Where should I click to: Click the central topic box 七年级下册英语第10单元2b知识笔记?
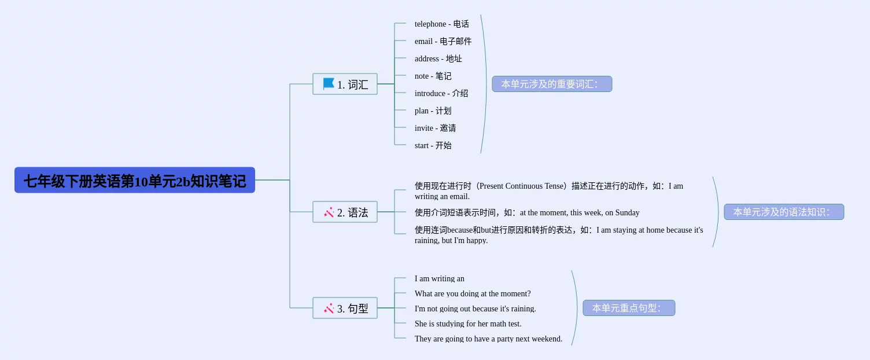[135, 180]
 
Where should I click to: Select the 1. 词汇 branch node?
[345, 84]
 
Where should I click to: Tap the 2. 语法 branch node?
[345, 212]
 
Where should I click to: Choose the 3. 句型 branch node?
[345, 308]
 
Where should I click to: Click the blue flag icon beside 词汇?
[329, 83]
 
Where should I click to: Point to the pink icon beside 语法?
[329, 212]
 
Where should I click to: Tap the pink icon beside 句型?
[329, 308]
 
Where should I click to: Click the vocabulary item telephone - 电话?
[441, 24]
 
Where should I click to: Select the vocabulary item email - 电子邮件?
[443, 41]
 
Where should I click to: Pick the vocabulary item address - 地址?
[438, 58]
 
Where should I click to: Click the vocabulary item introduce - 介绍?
[441, 93]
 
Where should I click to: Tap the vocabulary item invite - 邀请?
[435, 128]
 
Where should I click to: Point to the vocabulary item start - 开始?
[433, 145]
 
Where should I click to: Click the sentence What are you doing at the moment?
[472, 293]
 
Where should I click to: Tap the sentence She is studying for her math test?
[467, 324]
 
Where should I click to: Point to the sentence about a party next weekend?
[488, 339]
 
